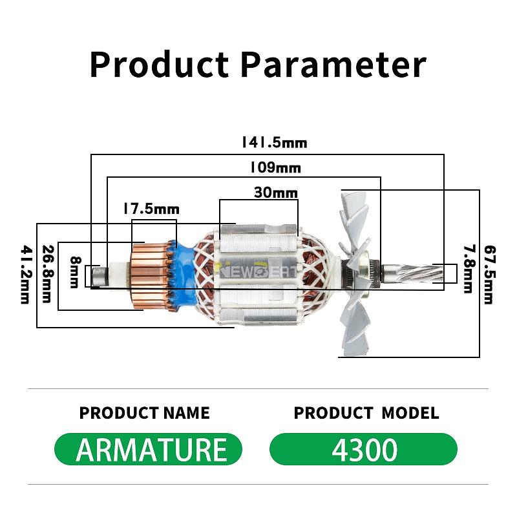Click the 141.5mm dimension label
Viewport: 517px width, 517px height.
pyautogui.click(x=274, y=142)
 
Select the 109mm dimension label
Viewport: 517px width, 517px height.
pyautogui.click(x=276, y=167)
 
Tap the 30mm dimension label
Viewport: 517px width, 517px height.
pyautogui.click(x=276, y=192)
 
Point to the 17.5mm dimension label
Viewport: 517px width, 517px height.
pyautogui.click(x=151, y=209)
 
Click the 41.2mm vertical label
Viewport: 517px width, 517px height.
pyautogui.click(x=26, y=274)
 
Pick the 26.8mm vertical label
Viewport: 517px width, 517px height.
pyautogui.click(x=47, y=273)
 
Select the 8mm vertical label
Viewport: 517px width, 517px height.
pyautogui.click(x=75, y=272)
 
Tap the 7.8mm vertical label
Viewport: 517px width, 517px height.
pyautogui.click(x=469, y=269)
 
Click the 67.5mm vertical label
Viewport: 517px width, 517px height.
pyautogui.click(x=490, y=275)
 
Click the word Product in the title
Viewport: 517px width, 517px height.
pyautogui.click(x=159, y=65)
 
